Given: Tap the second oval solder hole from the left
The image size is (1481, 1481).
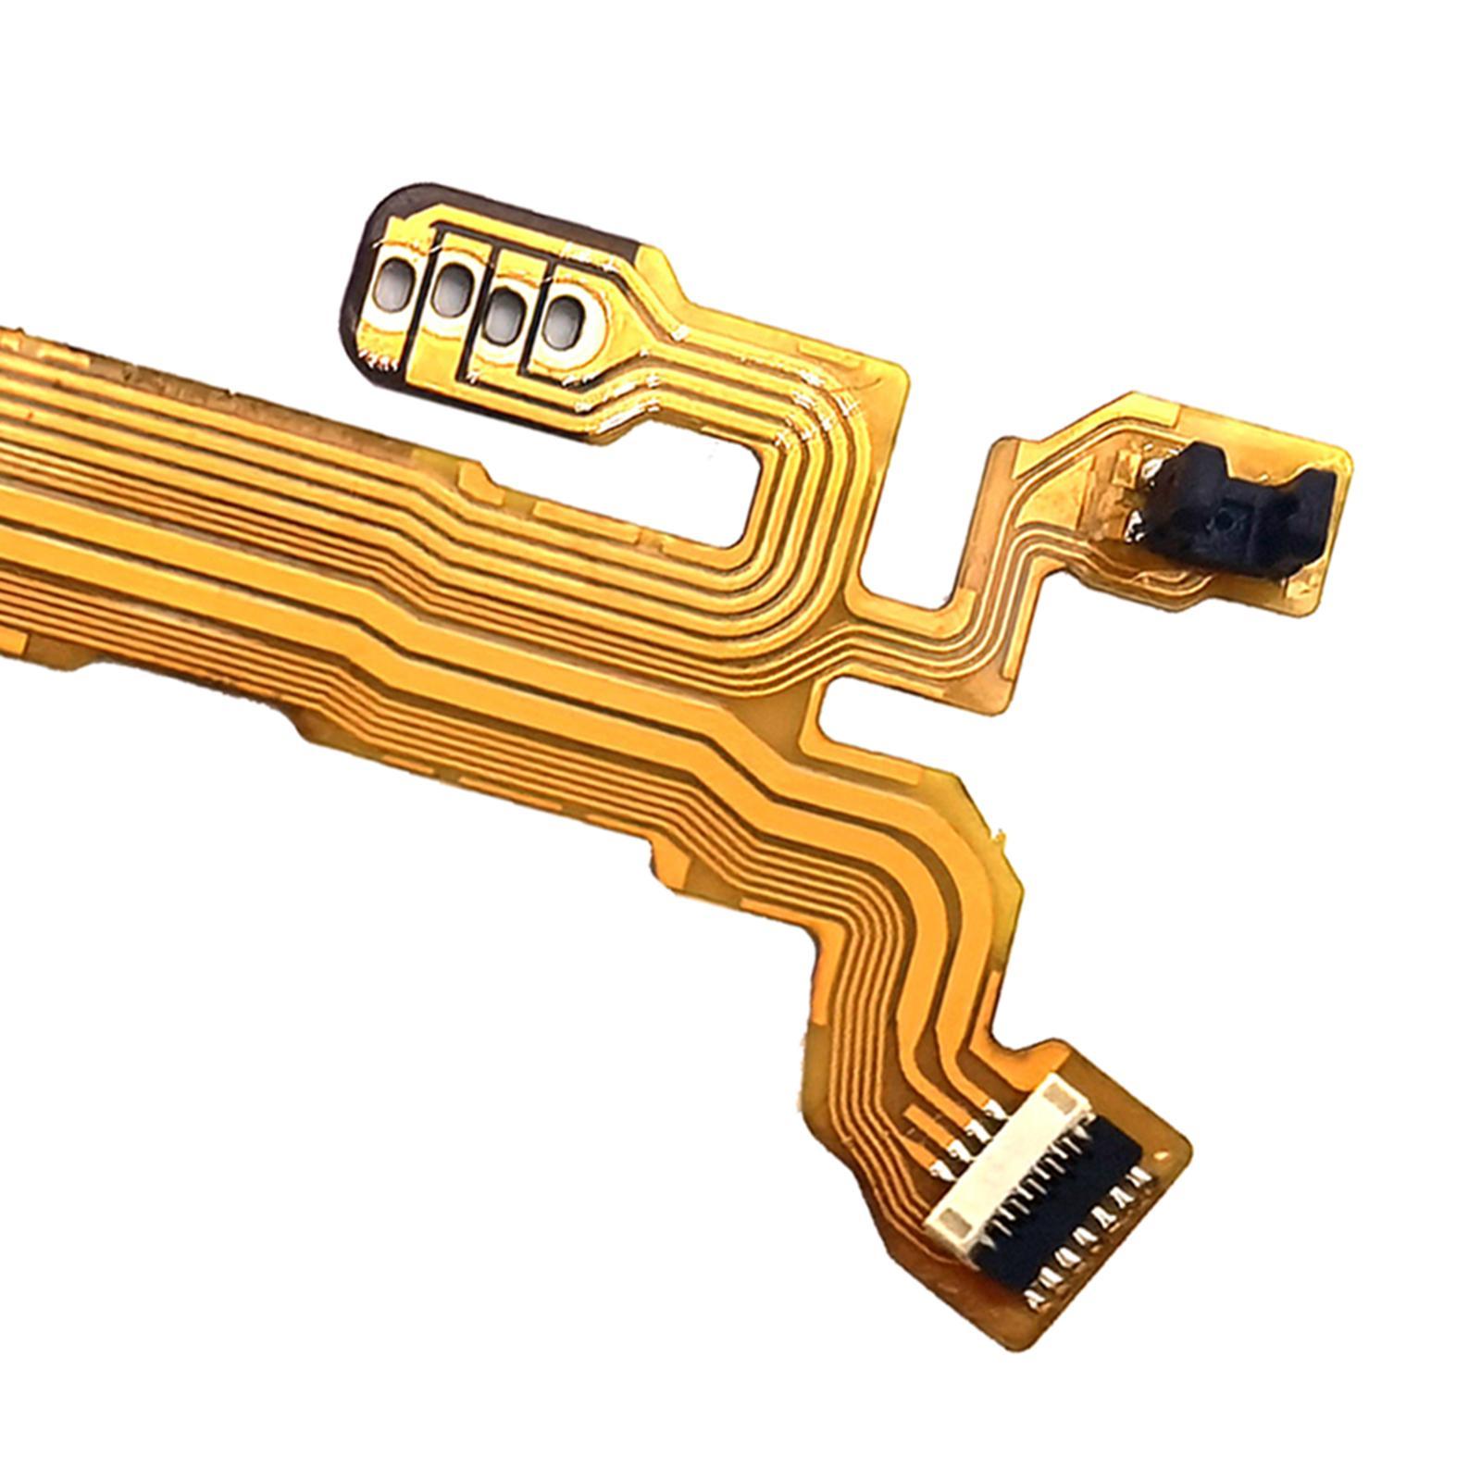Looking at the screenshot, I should [451, 293].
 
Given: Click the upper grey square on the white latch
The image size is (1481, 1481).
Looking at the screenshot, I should [1055, 1099].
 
